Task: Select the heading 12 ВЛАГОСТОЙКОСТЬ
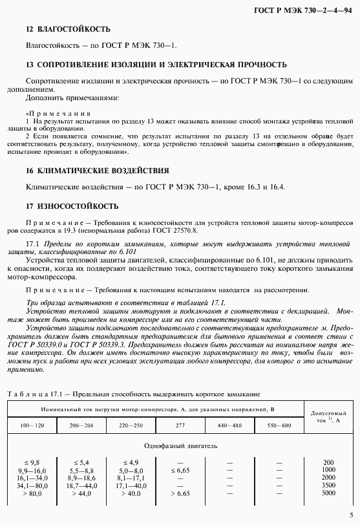pos(68,30)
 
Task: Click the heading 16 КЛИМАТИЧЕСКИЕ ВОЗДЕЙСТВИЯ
pos(97,171)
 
